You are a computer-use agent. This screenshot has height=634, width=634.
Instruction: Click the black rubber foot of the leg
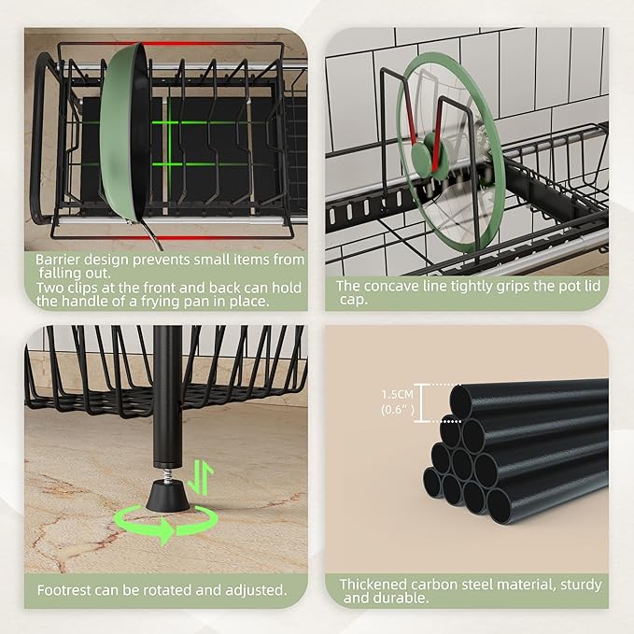pos(167,495)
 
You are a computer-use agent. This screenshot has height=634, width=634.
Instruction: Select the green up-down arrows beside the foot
pos(201,477)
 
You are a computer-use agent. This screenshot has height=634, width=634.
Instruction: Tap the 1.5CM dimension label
pos(398,394)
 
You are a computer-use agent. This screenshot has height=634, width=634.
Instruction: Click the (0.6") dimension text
pos(398,410)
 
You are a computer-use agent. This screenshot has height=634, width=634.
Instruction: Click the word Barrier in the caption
pos(57,260)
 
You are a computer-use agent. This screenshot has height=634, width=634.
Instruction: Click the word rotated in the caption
pos(169,590)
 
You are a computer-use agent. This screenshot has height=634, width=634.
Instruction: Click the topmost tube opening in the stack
pos(461,397)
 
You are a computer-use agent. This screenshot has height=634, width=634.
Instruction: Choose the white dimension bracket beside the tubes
pos(422,402)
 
